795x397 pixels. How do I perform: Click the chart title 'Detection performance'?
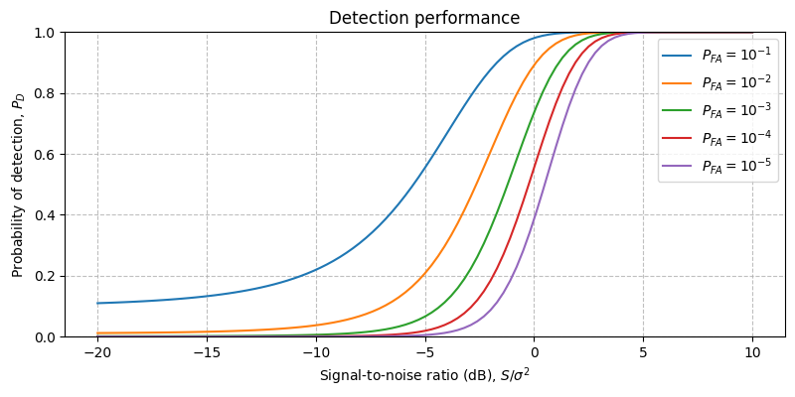[424, 18]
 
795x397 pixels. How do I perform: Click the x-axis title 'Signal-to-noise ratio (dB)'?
[424, 376]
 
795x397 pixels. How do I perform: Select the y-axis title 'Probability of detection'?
[18, 185]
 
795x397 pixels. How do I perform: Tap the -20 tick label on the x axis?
[96, 353]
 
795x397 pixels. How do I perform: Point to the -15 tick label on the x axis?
[206, 353]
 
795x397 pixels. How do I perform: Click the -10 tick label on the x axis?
[315, 353]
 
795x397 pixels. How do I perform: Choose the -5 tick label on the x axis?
[424, 353]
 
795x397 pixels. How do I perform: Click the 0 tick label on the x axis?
[534, 353]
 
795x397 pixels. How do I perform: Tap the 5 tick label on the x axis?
[643, 353]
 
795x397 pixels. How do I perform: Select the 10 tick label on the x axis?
[752, 353]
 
